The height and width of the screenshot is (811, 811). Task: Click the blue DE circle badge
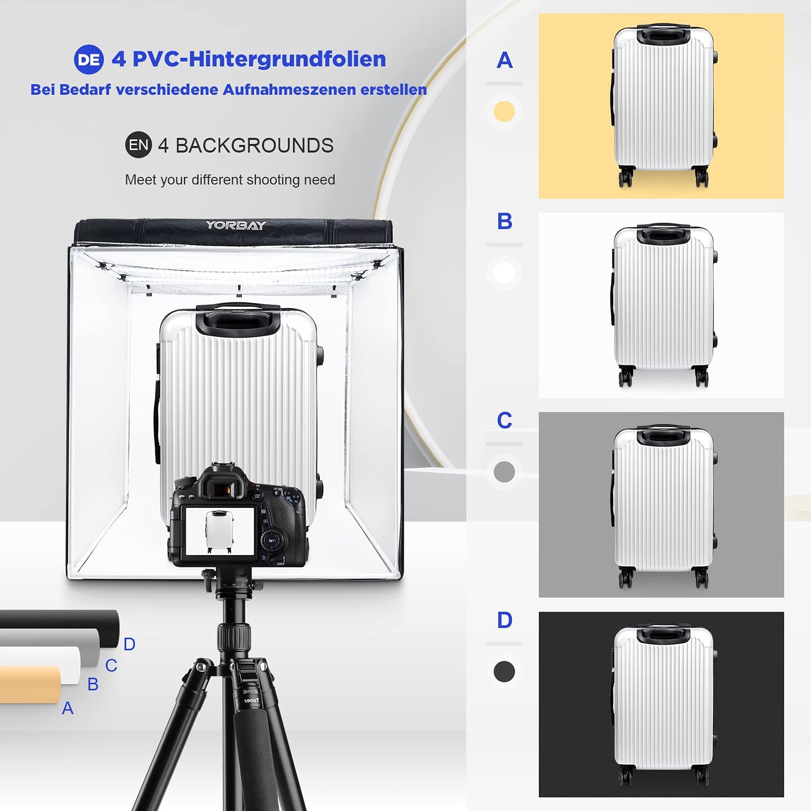click(89, 59)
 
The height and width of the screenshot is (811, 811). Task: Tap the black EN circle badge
click(139, 145)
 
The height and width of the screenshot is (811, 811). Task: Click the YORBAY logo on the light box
click(236, 225)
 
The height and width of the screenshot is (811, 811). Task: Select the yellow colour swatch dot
click(504, 112)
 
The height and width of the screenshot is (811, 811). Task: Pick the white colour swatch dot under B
click(504, 272)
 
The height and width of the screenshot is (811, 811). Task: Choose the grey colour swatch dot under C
click(504, 472)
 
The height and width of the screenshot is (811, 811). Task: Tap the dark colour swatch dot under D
click(504, 671)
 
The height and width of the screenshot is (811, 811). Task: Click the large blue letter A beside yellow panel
click(505, 60)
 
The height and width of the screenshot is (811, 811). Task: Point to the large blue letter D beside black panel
click(505, 620)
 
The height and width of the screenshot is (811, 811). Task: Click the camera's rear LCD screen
click(219, 531)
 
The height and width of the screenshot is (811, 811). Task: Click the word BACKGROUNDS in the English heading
click(254, 145)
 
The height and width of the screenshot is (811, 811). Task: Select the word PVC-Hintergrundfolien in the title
click(259, 59)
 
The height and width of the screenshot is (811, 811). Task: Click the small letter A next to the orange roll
click(68, 708)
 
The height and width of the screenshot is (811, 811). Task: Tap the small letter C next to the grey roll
click(111, 666)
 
